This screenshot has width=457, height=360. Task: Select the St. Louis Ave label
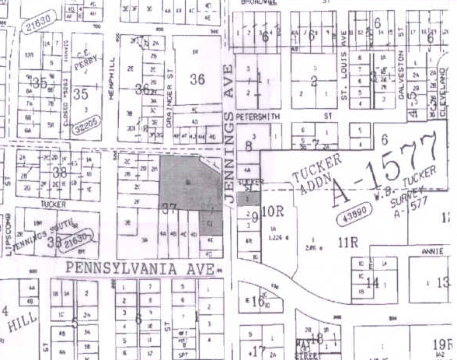[x=343, y=69]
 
